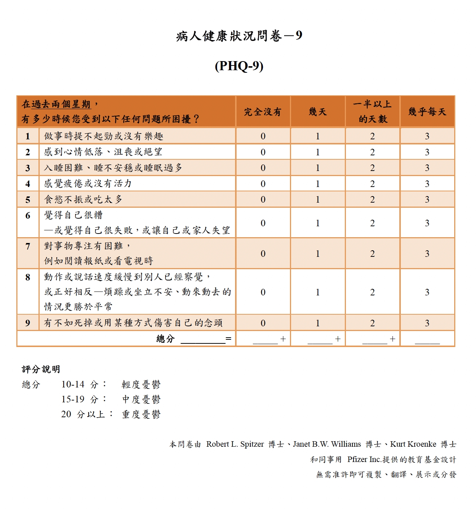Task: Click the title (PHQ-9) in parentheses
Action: click(x=239, y=66)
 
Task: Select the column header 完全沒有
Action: click(x=263, y=112)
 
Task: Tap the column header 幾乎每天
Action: click(x=427, y=112)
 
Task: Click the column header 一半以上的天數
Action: click(x=372, y=112)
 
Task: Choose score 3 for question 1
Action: click(x=427, y=136)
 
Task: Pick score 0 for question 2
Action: click(x=263, y=152)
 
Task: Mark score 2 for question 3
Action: click(x=372, y=168)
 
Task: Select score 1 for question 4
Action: click(x=318, y=184)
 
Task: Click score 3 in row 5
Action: click(x=427, y=199)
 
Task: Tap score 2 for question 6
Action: click(x=372, y=223)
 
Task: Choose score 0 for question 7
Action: click(x=263, y=254)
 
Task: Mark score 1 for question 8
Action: click(x=318, y=292)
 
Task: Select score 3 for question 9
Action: click(x=427, y=323)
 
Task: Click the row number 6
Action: click(x=28, y=215)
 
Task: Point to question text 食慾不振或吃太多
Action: click(x=83, y=199)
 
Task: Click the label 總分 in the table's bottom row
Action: click(x=165, y=339)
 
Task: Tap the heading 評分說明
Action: click(x=41, y=369)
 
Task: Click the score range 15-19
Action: click(x=73, y=399)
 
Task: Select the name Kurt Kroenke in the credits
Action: click(x=413, y=444)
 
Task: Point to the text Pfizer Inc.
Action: click(x=364, y=459)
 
